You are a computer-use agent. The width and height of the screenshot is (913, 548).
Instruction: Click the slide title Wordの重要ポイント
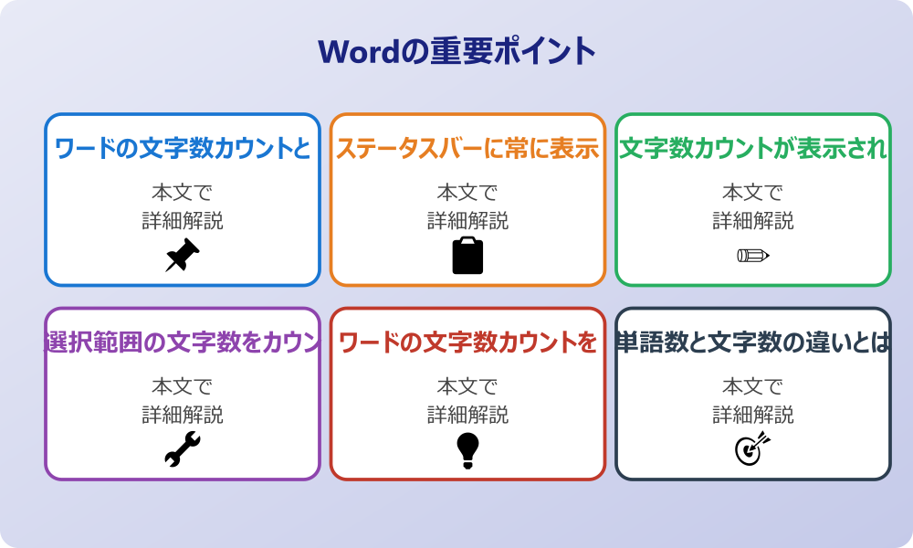pyautogui.click(x=456, y=51)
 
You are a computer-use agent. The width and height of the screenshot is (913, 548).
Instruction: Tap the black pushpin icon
pyautogui.click(x=182, y=256)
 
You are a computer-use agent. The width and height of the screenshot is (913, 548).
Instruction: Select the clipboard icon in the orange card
pyautogui.click(x=467, y=256)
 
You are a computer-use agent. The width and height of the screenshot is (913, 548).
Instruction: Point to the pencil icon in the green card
pyautogui.click(x=752, y=255)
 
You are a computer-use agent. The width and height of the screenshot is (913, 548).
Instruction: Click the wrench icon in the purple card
pyautogui.click(x=182, y=449)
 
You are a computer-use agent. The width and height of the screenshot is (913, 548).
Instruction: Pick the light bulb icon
pyautogui.click(x=467, y=449)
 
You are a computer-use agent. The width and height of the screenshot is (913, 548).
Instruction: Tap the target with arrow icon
pyautogui.click(x=752, y=448)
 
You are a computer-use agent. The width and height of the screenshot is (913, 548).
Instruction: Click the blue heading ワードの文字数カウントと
pyautogui.click(x=183, y=149)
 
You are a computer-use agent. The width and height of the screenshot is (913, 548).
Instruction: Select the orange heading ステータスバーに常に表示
pyautogui.click(x=467, y=149)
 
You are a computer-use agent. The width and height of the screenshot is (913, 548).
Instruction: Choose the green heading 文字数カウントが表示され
pyautogui.click(x=753, y=149)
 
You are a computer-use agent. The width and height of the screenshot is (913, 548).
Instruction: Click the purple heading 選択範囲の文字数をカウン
pyautogui.click(x=183, y=342)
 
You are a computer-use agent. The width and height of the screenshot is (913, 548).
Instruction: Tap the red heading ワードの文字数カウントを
pyautogui.click(x=467, y=342)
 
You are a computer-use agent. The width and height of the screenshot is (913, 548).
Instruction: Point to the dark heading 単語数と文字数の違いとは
pyautogui.click(x=753, y=342)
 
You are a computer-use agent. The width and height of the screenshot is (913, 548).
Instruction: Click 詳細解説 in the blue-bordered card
pyautogui.click(x=183, y=221)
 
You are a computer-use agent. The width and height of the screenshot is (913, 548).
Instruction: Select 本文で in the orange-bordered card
pyautogui.click(x=467, y=193)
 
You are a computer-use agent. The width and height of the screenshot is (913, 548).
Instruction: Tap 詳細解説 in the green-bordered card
pyautogui.click(x=753, y=221)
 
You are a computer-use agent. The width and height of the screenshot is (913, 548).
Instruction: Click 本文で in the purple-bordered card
pyautogui.click(x=183, y=386)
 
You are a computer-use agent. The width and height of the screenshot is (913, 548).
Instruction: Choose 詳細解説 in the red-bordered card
pyautogui.click(x=467, y=415)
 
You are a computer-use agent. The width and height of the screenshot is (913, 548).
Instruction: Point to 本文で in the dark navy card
pyautogui.click(x=753, y=386)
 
